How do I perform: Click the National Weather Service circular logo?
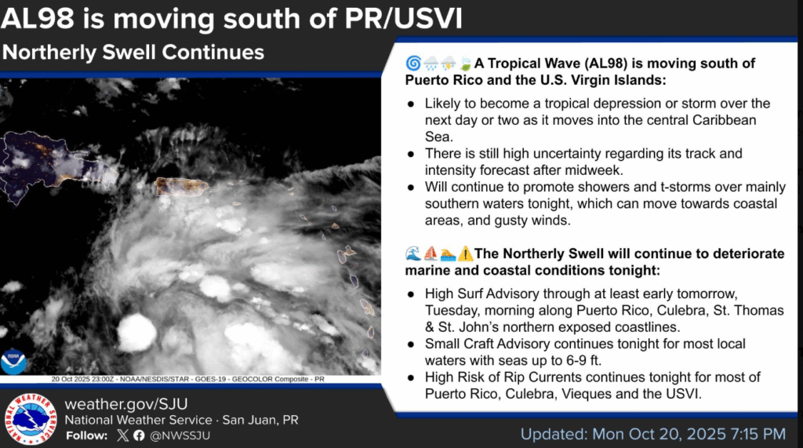point(30,419)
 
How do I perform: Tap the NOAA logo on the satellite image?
point(13,362)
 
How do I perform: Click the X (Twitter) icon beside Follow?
point(123,435)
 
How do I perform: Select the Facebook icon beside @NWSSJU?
point(139,435)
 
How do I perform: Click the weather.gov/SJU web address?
point(126,404)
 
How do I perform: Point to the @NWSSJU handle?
point(180,435)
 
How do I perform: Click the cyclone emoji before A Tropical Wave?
point(413,64)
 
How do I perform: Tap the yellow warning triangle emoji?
point(466,253)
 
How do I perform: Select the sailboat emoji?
point(431,253)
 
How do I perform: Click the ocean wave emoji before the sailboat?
point(413,253)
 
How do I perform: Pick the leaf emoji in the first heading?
point(466,64)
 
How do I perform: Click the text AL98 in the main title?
point(38,19)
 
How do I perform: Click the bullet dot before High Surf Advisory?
point(411,295)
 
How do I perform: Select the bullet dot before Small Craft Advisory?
point(411,345)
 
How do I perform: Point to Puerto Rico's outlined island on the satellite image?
point(181,186)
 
